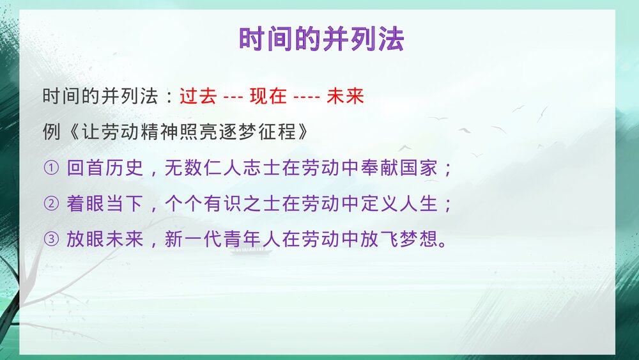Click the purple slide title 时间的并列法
(x=321, y=40)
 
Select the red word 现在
(x=268, y=97)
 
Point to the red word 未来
(x=345, y=97)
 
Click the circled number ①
(x=51, y=169)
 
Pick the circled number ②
(x=51, y=205)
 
